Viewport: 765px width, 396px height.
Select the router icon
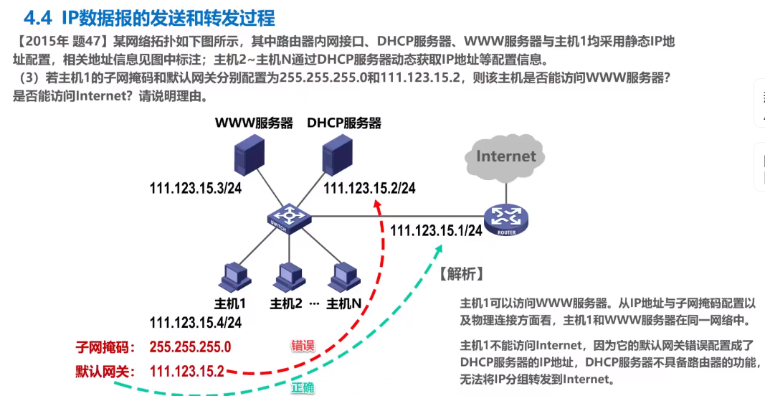coord(505,219)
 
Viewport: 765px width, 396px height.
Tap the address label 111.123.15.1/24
coord(436,230)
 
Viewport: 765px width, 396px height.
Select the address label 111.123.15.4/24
coord(195,322)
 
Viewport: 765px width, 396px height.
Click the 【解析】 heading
coord(461,273)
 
